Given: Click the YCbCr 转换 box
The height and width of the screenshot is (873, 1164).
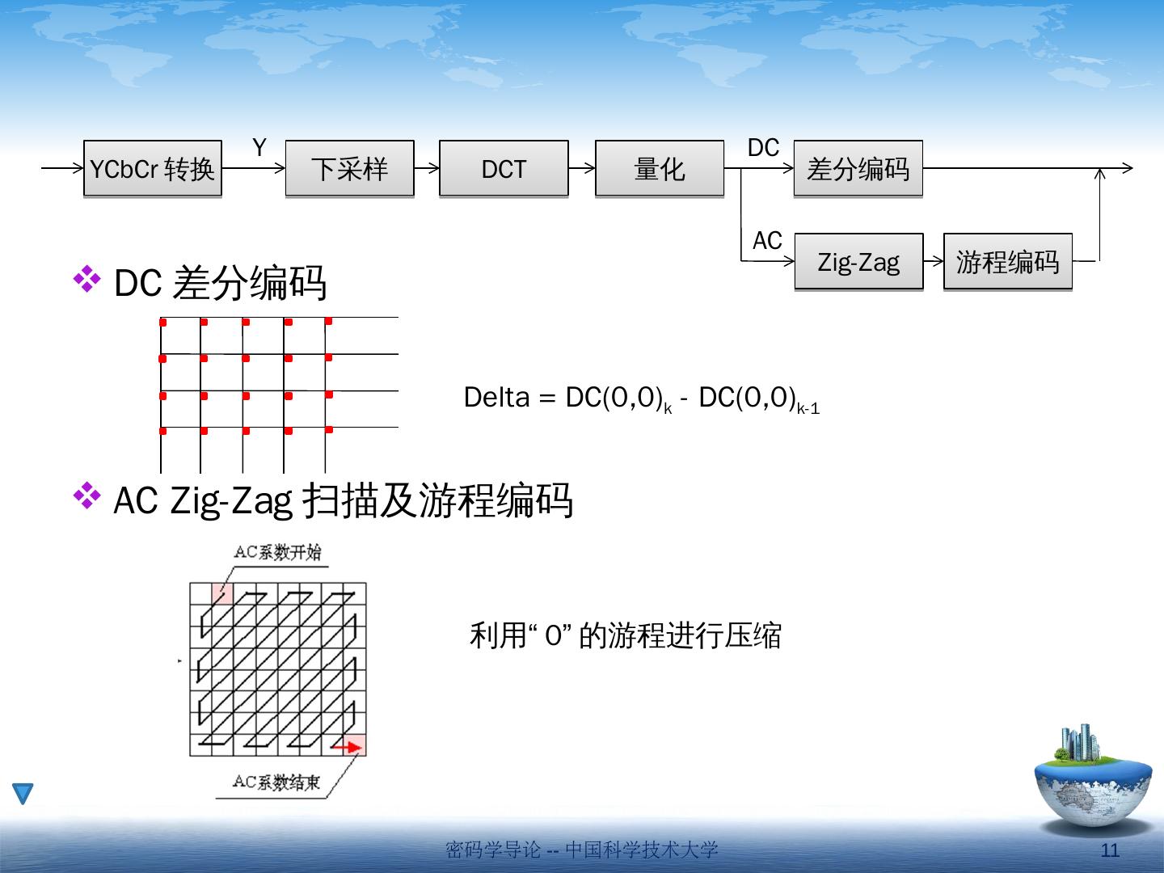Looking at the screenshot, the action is (152, 169).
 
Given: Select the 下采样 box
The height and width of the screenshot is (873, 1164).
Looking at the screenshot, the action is (349, 169).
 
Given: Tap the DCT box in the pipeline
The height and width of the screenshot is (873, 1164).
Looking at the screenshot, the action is (504, 169).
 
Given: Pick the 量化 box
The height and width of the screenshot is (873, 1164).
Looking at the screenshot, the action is (660, 169).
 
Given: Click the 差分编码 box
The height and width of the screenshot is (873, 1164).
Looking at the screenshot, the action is (858, 169).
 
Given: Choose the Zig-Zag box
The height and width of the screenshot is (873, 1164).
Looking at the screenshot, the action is (858, 262).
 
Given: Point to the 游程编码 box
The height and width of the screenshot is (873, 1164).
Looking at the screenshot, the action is (1007, 262).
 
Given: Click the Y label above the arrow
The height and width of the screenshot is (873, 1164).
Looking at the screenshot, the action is (259, 148).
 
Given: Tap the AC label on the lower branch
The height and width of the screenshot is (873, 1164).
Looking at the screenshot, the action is (767, 241).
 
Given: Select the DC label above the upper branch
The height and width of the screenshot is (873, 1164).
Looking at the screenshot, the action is (763, 148).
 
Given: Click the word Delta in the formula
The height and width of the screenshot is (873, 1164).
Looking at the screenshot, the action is (496, 398).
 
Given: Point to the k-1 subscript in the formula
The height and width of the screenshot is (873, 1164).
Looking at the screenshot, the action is (808, 409).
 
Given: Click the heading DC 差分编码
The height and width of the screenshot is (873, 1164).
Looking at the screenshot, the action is (220, 283).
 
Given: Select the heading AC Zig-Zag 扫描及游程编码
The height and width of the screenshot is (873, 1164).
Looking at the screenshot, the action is (343, 501).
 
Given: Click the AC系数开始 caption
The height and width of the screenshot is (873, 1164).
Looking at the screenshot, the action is (277, 552).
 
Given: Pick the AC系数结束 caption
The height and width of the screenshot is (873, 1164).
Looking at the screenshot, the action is (276, 782).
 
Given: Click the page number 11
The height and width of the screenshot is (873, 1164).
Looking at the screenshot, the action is (1111, 850).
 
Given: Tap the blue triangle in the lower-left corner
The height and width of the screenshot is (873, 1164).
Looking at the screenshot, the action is (23, 794).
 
